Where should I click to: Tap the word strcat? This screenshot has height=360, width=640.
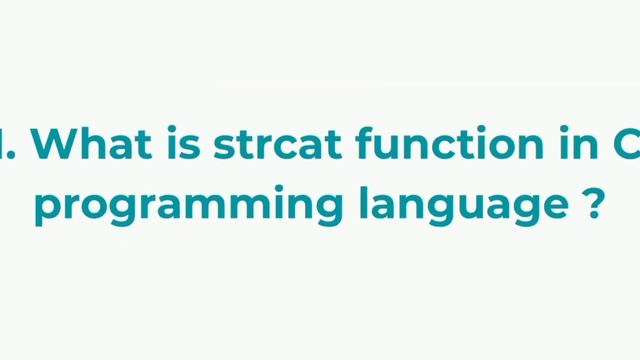pyautogui.click(x=267, y=144)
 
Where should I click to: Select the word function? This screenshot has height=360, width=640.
pyautogui.click(x=435, y=144)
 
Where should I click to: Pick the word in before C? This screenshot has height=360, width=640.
pyautogui.click(x=573, y=144)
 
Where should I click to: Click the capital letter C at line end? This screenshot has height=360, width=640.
pyautogui.click(x=626, y=144)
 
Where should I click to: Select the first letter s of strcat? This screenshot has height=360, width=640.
pyautogui.click(x=224, y=146)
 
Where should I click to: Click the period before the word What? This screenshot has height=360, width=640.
pyautogui.click(x=19, y=156)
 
